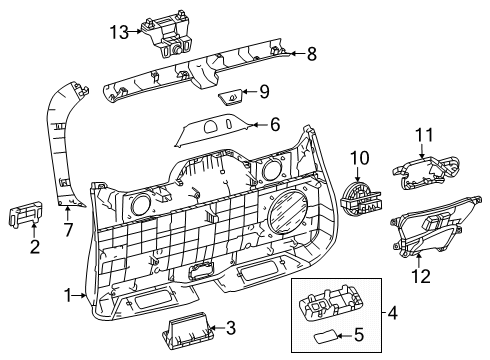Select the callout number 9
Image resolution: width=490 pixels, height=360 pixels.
point(264,93)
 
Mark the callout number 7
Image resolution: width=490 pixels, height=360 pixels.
point(68,231)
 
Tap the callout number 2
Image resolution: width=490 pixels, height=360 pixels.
point(34,246)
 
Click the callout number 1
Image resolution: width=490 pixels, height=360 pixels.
point(69,295)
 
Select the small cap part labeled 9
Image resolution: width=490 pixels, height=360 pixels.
point(231,97)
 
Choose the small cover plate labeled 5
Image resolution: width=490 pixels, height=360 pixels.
point(327,335)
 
